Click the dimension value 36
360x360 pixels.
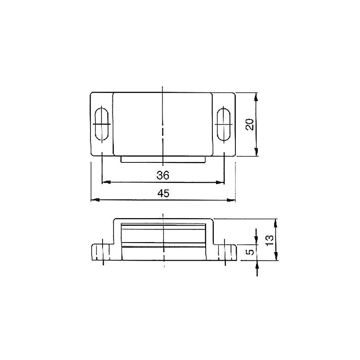click(x=163, y=175)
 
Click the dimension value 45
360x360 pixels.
click(x=163, y=193)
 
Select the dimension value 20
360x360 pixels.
click(x=251, y=124)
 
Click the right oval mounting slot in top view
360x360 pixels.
click(x=224, y=124)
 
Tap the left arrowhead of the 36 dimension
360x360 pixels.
click(x=105, y=182)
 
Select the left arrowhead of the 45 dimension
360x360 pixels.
click(x=94, y=200)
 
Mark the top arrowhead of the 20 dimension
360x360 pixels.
click(x=256, y=96)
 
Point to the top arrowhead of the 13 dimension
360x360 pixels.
click(x=276, y=222)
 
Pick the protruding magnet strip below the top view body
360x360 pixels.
click(x=163, y=159)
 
